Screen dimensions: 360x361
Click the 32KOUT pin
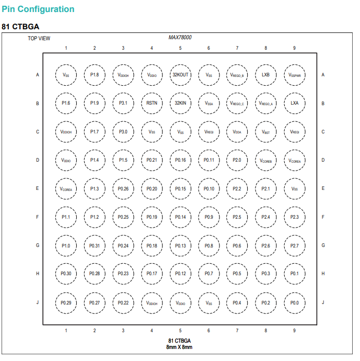click(180, 75)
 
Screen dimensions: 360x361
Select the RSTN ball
click(152, 103)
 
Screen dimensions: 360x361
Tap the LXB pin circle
click(266, 75)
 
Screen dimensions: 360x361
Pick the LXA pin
click(295, 103)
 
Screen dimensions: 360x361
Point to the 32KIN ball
click(180, 103)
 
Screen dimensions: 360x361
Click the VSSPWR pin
click(295, 75)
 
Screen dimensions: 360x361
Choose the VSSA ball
click(208, 103)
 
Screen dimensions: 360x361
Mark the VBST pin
click(266, 132)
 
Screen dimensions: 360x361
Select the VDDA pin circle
click(237, 132)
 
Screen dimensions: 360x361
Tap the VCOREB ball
click(266, 160)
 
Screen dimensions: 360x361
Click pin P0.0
click(295, 303)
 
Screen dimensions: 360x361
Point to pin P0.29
click(66, 303)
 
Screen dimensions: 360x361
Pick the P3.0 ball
click(123, 132)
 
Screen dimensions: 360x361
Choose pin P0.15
click(180, 189)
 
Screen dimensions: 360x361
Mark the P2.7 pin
click(295, 246)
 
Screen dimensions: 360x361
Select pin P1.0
click(66, 246)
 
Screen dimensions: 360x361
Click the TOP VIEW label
click(39, 38)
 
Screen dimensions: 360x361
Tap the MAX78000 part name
click(180, 37)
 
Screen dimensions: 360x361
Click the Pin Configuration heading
click(38, 9)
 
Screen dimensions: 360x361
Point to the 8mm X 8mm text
click(179, 347)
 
